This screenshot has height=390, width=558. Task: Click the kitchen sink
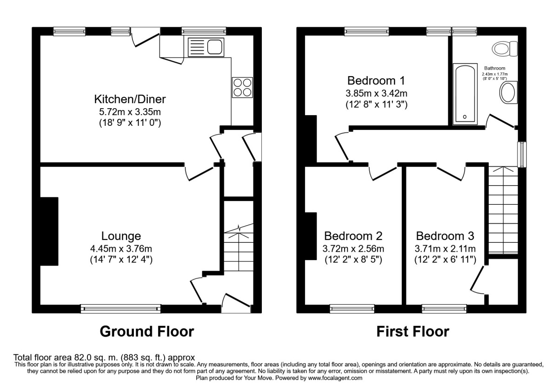[x=206, y=47]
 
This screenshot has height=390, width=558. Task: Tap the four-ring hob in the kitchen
[x=242, y=87]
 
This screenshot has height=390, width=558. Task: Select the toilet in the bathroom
[x=505, y=49]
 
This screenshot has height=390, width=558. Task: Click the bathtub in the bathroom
[x=465, y=94]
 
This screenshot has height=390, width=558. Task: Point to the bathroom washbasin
[x=508, y=92]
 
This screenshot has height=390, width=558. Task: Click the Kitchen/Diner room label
[x=130, y=99]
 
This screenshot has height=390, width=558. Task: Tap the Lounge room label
[x=121, y=236]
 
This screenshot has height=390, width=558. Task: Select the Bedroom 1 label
[x=376, y=81]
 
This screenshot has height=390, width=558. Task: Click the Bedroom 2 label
[x=353, y=236]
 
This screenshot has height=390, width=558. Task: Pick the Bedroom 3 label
[x=445, y=236]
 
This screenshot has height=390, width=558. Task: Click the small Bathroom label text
[x=495, y=68]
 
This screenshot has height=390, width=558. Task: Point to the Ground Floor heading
[x=147, y=331]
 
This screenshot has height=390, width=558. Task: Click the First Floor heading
[x=413, y=331]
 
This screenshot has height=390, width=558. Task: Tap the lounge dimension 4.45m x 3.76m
[x=121, y=248]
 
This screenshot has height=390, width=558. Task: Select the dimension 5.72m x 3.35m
[x=130, y=112]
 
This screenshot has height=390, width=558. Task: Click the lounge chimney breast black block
[x=49, y=231]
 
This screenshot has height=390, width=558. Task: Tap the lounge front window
[x=120, y=309]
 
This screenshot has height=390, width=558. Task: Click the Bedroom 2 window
[x=352, y=309]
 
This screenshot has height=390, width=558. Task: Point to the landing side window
[x=522, y=155]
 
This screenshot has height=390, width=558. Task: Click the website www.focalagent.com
[x=335, y=378]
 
